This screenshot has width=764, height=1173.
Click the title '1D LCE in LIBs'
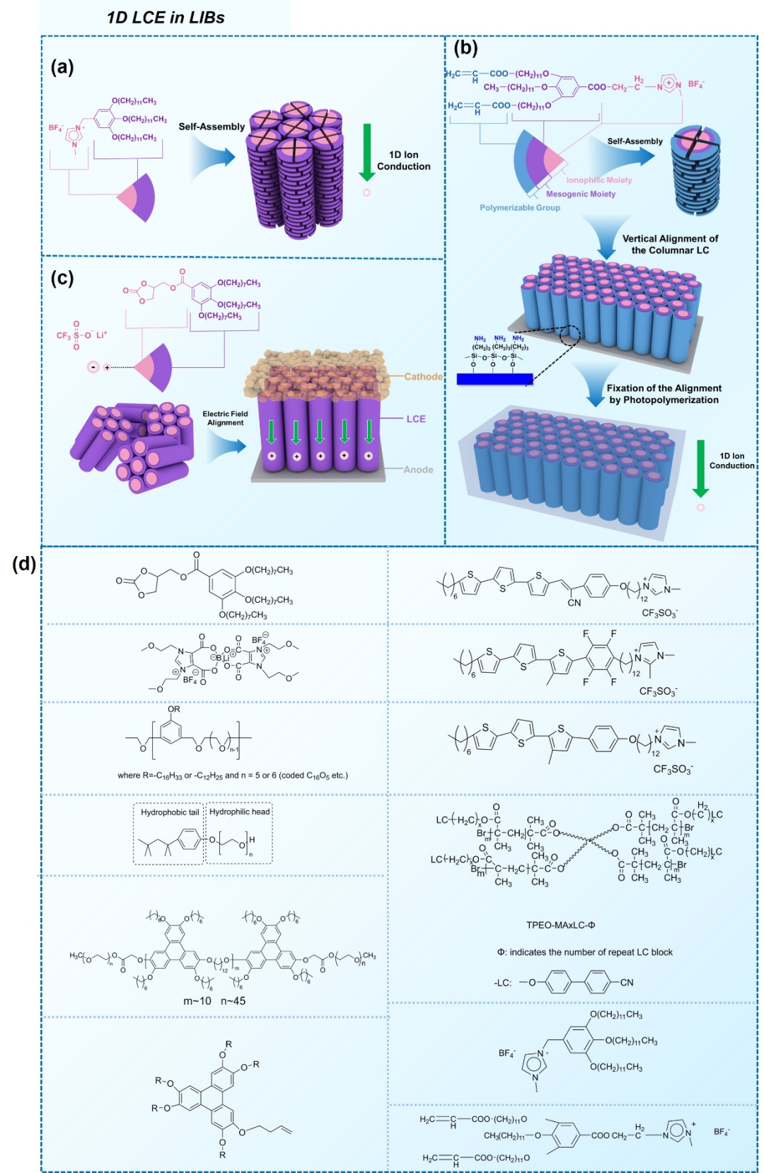(166, 18)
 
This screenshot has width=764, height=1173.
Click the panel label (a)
(62, 67)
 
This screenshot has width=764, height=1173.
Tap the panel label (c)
(62, 278)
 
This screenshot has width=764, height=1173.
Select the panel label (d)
(24, 564)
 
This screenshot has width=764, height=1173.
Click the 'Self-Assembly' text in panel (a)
(212, 127)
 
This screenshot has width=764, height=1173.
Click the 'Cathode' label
(423, 376)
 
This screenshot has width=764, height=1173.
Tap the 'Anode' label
(418, 470)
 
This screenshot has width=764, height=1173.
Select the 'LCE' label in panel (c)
(416, 419)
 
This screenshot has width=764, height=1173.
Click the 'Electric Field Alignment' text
(225, 418)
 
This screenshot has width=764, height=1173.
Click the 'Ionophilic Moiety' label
(598, 180)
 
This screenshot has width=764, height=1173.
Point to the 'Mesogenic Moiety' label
(580, 194)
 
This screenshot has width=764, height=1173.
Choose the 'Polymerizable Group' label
(520, 208)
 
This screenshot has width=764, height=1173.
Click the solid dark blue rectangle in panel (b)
(494, 379)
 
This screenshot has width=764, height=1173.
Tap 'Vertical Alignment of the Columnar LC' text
(670, 244)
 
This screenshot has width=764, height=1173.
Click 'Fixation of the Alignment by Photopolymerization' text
(664, 394)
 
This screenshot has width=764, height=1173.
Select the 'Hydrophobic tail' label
(170, 812)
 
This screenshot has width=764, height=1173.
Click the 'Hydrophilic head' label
(239, 812)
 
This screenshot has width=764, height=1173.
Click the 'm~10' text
(197, 1001)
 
